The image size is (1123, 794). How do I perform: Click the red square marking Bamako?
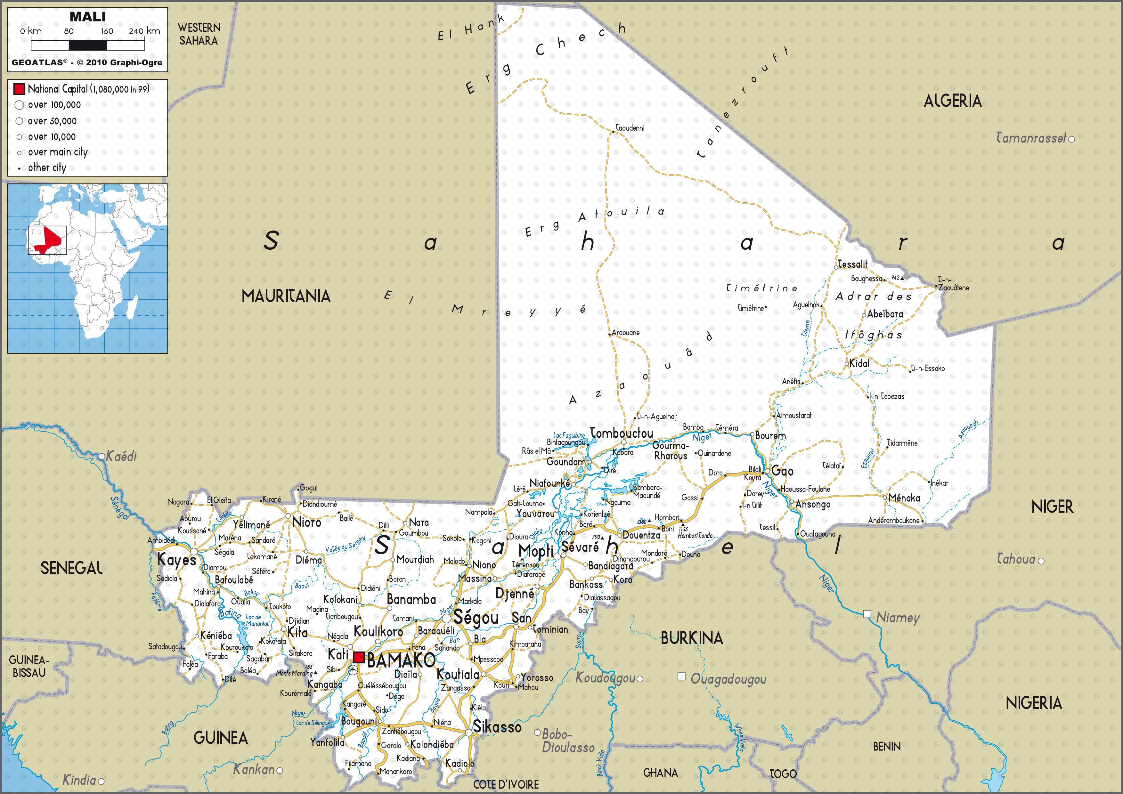tap(359, 657)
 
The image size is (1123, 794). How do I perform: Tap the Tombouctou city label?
tap(622, 433)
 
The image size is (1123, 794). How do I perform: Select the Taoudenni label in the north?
tap(630, 128)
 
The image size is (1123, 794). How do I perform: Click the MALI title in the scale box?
tap(87, 17)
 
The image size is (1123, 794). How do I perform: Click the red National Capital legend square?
tap(19, 89)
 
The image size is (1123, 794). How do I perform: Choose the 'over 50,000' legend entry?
tap(52, 121)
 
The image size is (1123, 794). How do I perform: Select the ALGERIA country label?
tap(952, 101)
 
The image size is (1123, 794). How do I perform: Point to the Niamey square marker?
tap(867, 614)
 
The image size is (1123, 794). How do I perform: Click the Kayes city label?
tap(176, 560)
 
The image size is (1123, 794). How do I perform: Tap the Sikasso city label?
tap(497, 727)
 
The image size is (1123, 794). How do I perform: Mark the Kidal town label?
tap(859, 363)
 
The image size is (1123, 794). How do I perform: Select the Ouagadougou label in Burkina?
tap(728, 679)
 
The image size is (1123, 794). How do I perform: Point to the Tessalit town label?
tap(852, 264)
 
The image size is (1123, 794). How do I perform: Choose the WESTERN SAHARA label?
tap(199, 34)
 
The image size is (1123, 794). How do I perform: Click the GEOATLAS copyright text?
tap(87, 62)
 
